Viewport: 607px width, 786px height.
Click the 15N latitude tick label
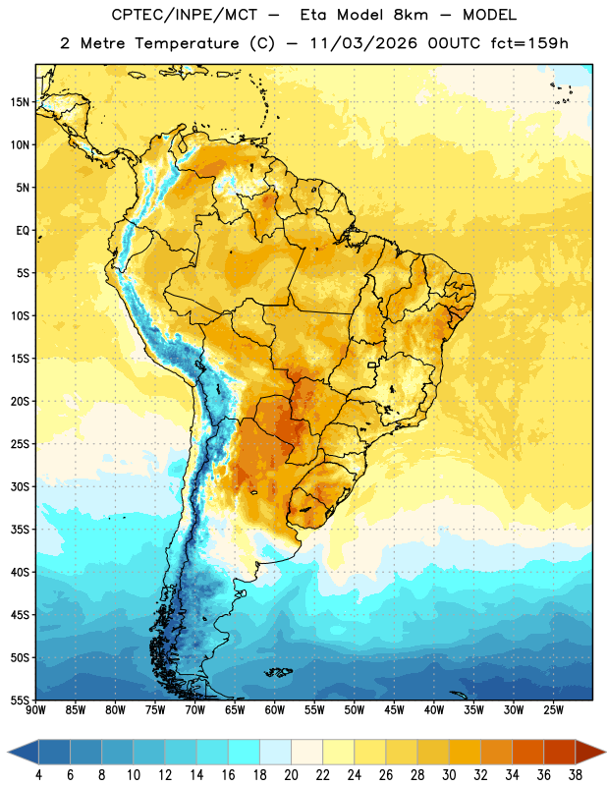tap(20, 102)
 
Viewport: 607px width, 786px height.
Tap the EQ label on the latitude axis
tap(23, 231)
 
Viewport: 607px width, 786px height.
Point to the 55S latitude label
tap(20, 700)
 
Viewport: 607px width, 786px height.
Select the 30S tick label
tap(20, 486)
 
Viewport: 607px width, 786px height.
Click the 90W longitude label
tap(35, 710)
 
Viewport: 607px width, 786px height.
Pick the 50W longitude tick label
tap(355, 710)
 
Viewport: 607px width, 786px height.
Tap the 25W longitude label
tap(553, 710)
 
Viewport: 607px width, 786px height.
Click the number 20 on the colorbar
tap(291, 775)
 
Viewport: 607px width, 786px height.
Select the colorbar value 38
tap(576, 775)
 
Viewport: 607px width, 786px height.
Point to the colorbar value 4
tap(38, 775)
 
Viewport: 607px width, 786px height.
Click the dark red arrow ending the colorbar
tap(590, 753)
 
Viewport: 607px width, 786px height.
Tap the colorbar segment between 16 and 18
tap(245, 753)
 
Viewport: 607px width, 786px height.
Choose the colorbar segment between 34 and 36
tap(528, 753)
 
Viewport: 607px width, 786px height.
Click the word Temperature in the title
tap(187, 43)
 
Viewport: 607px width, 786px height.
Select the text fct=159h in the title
tap(529, 43)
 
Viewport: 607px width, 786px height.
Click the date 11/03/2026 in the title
tap(363, 43)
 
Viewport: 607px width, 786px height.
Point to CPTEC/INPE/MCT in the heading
tap(185, 15)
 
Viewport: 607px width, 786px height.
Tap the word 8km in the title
tap(411, 15)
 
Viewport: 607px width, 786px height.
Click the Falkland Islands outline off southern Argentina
tap(279, 672)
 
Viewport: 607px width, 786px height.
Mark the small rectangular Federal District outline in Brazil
tap(372, 365)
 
